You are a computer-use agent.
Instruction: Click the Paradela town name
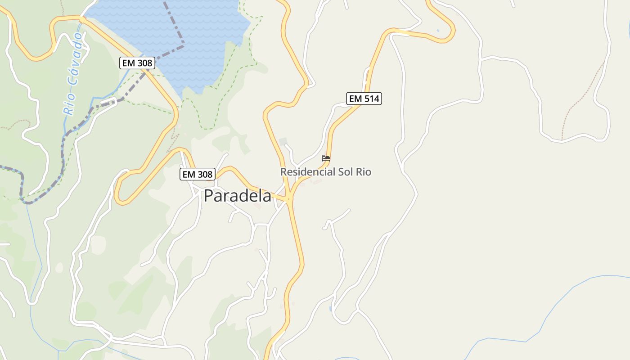238,196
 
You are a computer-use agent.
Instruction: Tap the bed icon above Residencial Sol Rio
326,158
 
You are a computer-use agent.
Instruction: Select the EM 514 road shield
364,99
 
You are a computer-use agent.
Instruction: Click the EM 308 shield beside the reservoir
137,63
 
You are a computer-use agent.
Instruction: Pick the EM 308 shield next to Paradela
198,174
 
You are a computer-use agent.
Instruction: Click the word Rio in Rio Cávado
69,107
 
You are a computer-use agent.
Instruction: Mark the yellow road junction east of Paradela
289,198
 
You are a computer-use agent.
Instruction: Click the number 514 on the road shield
371,99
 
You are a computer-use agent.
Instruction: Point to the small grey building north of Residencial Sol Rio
283,142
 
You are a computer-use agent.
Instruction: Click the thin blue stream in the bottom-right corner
562,306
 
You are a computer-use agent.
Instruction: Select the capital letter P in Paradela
208,196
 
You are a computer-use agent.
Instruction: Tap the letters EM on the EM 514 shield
355,99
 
